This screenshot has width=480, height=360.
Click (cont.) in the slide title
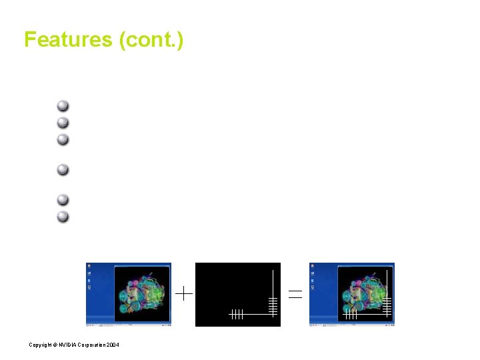tap(151, 40)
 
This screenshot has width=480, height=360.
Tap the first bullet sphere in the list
tap(63, 105)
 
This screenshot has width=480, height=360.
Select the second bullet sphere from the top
tap(63, 122)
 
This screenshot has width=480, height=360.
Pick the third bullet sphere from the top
tap(63, 139)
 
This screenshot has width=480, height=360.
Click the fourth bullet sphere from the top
tap(63, 169)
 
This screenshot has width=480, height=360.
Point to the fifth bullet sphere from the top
tap(63, 199)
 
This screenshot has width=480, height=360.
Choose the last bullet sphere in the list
tap(63, 216)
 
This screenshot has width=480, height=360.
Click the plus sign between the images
tap(184, 293)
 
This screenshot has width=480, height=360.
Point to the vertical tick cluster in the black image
tap(237, 314)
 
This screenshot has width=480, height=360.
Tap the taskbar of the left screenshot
tap(129, 324)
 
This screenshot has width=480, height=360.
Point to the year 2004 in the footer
tap(113, 344)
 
